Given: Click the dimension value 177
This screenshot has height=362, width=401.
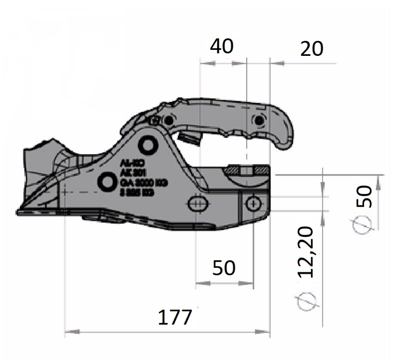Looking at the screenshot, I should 175,317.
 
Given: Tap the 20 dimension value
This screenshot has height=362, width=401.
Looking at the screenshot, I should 312,49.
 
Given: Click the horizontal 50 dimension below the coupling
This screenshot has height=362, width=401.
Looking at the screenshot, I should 224,268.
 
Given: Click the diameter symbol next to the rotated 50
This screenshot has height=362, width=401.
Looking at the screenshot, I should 363,225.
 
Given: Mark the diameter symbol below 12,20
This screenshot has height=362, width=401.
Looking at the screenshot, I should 307,299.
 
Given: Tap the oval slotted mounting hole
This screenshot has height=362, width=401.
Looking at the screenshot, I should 199,203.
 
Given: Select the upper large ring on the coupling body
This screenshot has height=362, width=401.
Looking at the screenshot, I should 148,145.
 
